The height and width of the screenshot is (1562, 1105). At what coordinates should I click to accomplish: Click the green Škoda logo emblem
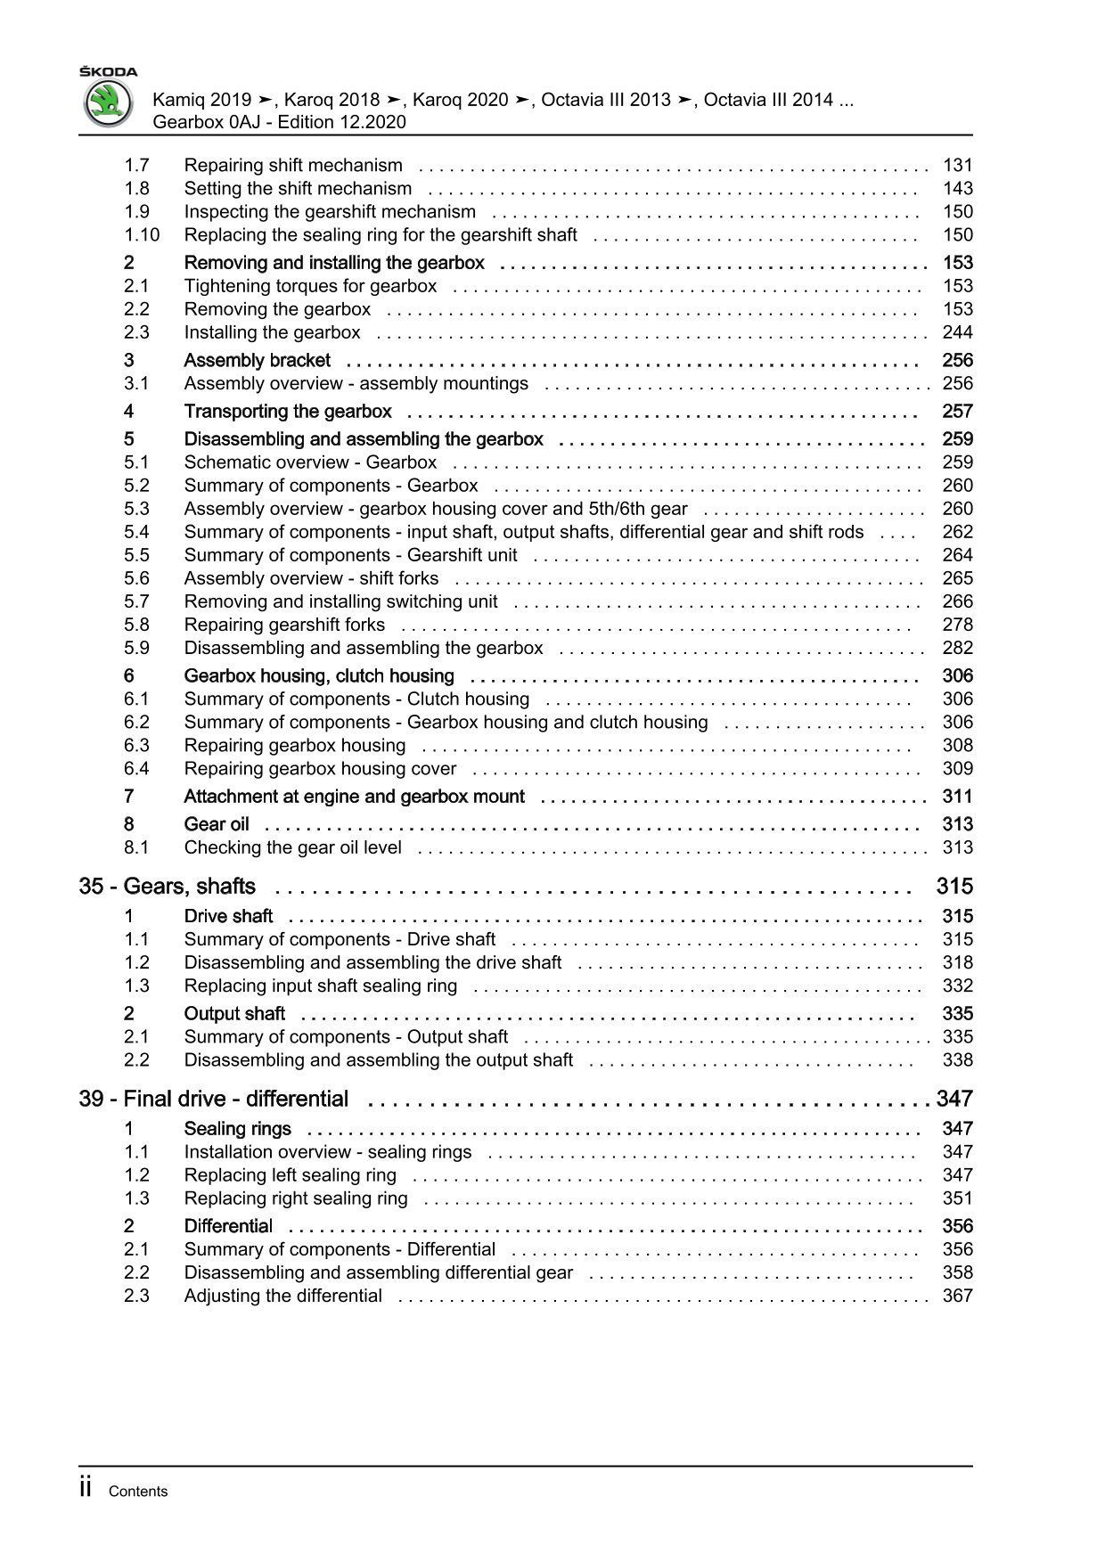point(108,103)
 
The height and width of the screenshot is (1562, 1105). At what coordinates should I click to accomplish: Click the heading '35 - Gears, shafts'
point(168,887)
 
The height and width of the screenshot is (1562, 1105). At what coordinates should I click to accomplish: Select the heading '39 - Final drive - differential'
point(214,1099)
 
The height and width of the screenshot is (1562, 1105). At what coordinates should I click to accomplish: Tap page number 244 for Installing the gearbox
point(957,332)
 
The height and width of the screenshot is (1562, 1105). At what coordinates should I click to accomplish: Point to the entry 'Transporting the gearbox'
point(288,412)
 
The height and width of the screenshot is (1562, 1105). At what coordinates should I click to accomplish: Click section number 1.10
point(142,235)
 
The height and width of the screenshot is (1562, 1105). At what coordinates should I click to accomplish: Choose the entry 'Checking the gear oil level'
point(292,847)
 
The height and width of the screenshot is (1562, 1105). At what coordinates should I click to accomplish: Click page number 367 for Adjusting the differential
point(957,1296)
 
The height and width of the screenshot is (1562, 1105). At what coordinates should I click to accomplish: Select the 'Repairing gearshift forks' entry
point(284,625)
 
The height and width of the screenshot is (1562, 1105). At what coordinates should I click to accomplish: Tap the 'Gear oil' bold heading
point(217,824)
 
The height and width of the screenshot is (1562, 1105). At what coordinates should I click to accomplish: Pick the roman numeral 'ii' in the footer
point(86,1488)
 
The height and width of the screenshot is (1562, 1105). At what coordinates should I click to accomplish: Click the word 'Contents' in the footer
point(137,1492)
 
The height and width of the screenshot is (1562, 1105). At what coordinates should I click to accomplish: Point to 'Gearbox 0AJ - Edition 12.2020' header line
point(280,122)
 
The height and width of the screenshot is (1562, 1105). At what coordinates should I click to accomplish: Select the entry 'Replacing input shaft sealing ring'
point(320,986)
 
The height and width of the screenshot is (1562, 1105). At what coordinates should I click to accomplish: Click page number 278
point(957,625)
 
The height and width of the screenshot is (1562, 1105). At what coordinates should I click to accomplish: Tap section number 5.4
point(136,532)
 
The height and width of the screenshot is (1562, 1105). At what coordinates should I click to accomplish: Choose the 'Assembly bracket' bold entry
point(257,361)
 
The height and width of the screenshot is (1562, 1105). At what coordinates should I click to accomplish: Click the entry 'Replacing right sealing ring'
point(296,1198)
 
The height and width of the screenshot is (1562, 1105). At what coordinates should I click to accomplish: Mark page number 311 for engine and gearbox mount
point(957,797)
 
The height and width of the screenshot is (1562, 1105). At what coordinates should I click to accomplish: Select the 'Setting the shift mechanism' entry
point(298,189)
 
